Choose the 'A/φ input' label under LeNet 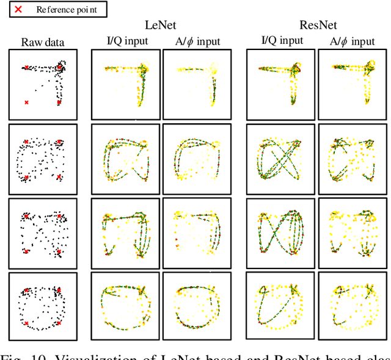[194, 41]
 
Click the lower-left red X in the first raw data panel [26, 103]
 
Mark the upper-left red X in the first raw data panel [26, 68]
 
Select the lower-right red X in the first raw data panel [59, 103]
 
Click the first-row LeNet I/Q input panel [125, 84]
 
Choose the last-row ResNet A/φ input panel [352, 305]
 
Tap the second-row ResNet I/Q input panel [280, 158]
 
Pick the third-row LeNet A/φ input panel [195, 232]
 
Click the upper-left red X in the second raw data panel [26, 142]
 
